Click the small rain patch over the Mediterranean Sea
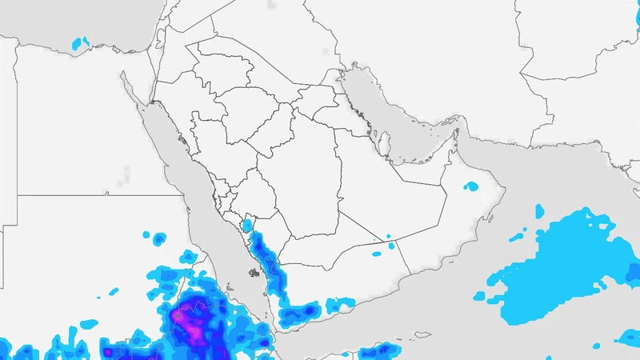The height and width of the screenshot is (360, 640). tap(80, 42)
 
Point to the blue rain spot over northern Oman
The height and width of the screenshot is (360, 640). tap(471, 186)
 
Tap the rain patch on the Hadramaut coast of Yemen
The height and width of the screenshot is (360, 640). tap(344, 303)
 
